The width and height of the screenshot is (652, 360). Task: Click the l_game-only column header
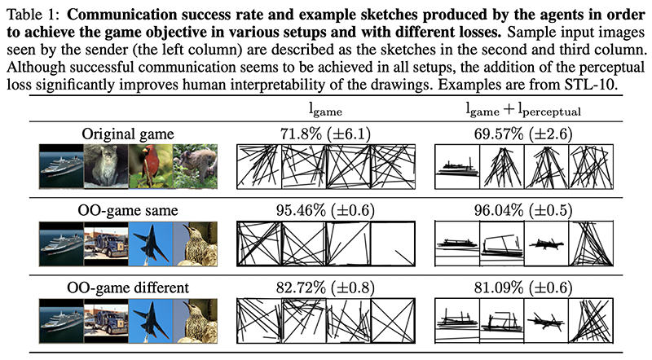point(303,111)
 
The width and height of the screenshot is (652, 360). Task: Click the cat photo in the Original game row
point(105,166)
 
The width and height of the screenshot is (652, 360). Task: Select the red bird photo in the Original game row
point(149,166)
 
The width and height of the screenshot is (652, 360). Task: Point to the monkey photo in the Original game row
point(193,166)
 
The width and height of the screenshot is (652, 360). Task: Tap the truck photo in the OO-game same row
point(105,242)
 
